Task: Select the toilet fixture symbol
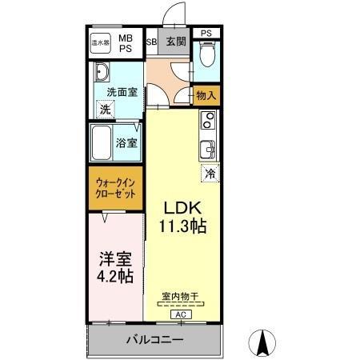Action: click(x=206, y=54)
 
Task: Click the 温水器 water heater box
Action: click(x=100, y=42)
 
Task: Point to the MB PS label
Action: click(x=127, y=42)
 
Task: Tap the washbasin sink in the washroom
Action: click(x=102, y=74)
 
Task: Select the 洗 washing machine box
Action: click(x=105, y=110)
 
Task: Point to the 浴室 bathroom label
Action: click(x=127, y=143)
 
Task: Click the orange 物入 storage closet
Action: click(x=206, y=96)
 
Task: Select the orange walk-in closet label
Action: click(x=114, y=188)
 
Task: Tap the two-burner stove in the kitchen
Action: click(x=206, y=121)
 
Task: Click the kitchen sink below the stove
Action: click(x=206, y=149)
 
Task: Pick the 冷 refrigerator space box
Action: click(x=210, y=173)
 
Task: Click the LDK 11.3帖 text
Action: click(x=185, y=217)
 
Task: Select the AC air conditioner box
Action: click(x=180, y=315)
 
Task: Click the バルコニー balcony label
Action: click(x=154, y=339)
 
